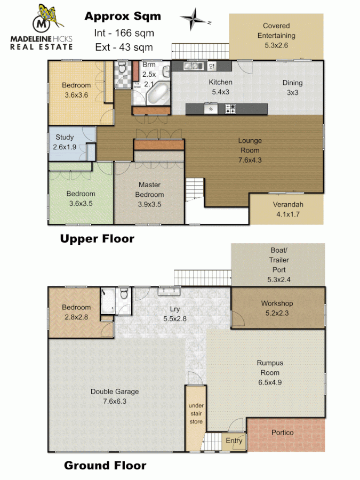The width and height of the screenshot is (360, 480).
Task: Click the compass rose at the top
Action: point(195,20)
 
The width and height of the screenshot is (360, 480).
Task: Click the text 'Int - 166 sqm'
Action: point(122,33)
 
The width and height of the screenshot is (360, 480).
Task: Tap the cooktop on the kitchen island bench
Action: point(230,109)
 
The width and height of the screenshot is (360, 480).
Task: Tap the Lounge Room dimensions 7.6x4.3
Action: point(250,160)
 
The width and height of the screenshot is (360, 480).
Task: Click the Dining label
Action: point(292,83)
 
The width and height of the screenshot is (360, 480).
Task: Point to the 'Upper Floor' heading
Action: point(97,238)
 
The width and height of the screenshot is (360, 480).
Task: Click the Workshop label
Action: point(276,303)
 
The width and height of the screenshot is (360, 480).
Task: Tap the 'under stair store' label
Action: point(196,414)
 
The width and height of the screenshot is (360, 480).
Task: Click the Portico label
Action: point(282,433)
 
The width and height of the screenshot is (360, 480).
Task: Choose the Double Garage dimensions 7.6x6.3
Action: point(114,401)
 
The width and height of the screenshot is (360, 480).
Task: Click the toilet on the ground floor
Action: point(124,293)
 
